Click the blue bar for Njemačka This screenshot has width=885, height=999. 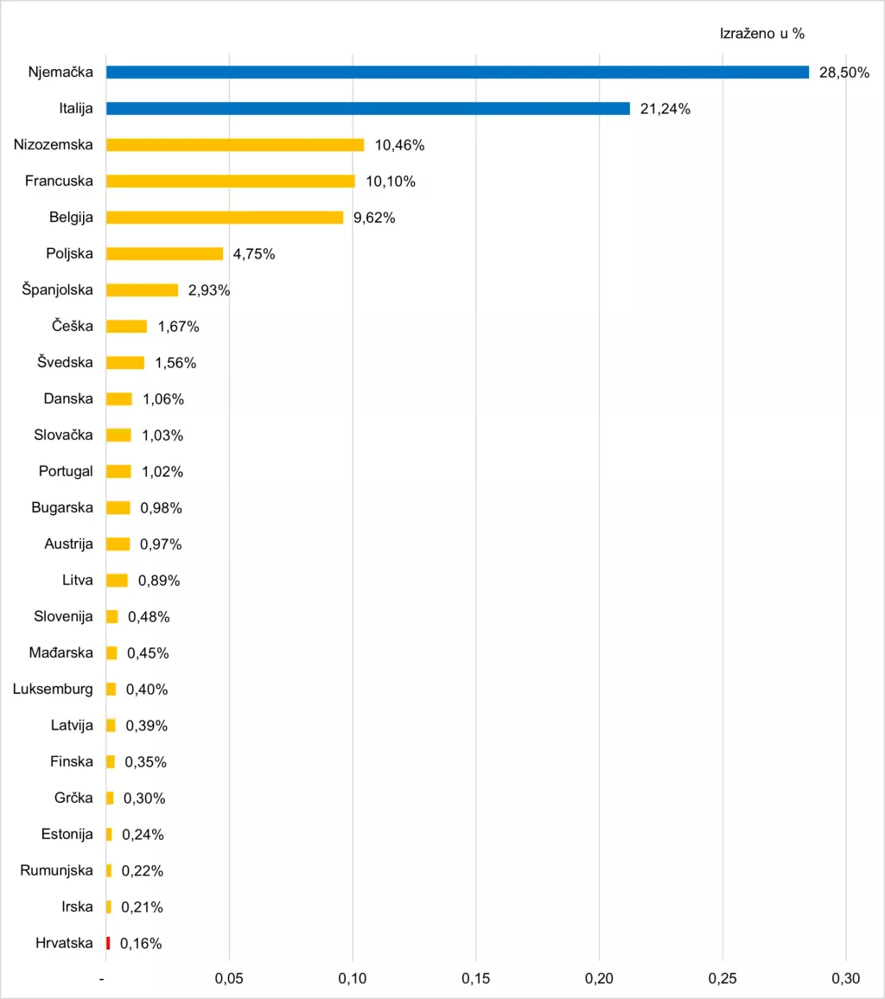tap(457, 73)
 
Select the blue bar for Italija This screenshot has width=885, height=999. tap(367, 109)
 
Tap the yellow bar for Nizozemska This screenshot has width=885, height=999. tap(235, 145)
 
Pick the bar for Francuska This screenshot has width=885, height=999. tap(230, 181)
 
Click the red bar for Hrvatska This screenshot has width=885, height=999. tap(108, 943)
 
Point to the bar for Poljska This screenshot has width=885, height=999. tap(164, 254)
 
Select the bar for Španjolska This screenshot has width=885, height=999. tap(142, 290)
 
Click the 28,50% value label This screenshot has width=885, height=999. tap(844, 73)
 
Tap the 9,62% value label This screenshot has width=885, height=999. tap(374, 218)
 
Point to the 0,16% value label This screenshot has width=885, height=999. tap(141, 944)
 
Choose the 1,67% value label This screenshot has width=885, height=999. tap(178, 327)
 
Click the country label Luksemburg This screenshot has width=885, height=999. tap(54, 689)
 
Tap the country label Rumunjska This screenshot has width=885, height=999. tap(57, 870)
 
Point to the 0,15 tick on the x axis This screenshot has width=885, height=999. tap(475, 978)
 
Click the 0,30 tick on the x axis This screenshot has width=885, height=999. tap(845, 978)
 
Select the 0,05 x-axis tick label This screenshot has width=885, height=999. tap(229, 978)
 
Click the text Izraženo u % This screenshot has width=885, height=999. tap(762, 34)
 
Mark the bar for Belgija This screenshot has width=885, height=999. tap(224, 218)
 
